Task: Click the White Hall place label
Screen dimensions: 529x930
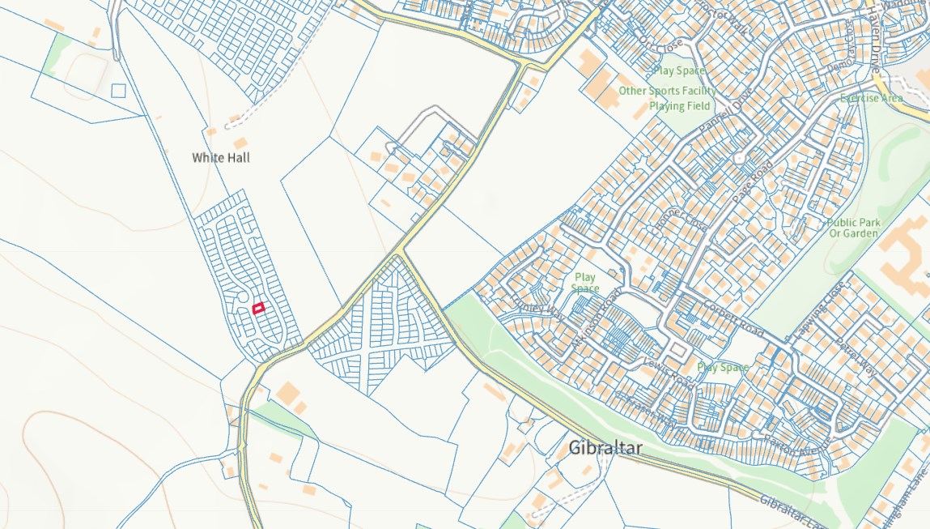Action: point(221,157)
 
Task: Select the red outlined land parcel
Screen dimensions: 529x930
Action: point(258,308)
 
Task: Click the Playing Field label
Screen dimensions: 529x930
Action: point(680,106)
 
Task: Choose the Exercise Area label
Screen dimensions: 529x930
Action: point(871,98)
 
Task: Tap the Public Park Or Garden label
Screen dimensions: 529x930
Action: point(853,228)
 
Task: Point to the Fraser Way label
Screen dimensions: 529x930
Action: point(645,407)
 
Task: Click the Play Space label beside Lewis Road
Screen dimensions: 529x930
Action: point(723,367)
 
